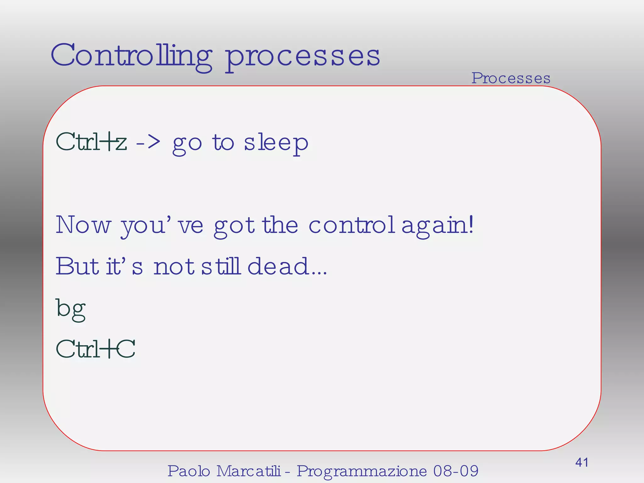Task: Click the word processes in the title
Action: tap(303, 57)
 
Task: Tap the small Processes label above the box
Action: tap(511, 78)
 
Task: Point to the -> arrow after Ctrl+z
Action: tap(148, 142)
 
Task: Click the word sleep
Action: tap(276, 143)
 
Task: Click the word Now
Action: tap(83, 225)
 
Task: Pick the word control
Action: tap(352, 225)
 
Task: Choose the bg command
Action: tap(71, 309)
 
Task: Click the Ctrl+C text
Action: tap(96, 349)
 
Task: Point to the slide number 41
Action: tap(582, 462)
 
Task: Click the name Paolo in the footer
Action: tap(189, 471)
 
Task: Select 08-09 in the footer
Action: tap(456, 471)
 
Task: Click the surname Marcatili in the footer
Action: tap(248, 471)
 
